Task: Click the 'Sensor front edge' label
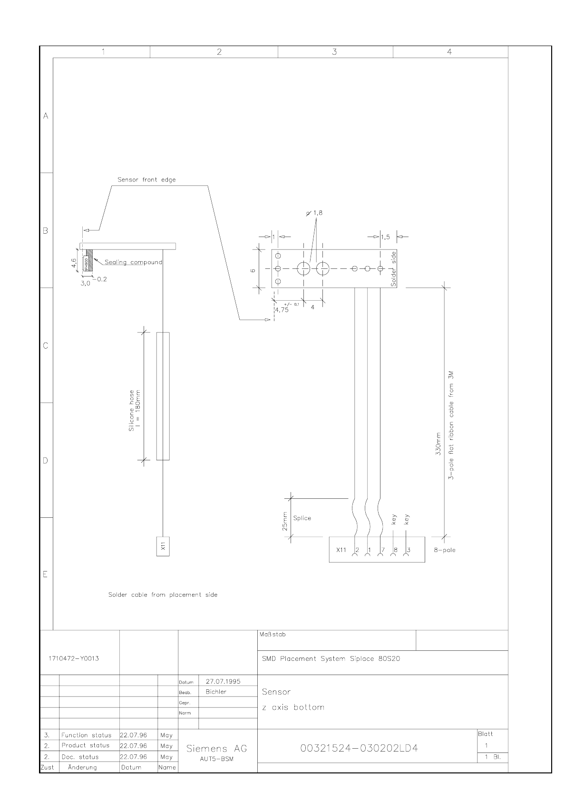(146, 180)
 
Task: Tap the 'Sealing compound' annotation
(133, 262)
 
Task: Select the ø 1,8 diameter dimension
(315, 213)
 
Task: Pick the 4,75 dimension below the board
(282, 310)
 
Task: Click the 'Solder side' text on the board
(393, 269)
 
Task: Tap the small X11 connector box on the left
(163, 546)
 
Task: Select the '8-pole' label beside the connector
(444, 550)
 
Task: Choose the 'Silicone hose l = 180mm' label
(135, 411)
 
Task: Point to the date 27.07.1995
(223, 681)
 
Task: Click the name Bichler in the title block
(216, 692)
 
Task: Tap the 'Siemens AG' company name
(216, 749)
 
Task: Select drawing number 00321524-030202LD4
(359, 749)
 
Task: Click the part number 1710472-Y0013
(74, 658)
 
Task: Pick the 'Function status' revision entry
(86, 735)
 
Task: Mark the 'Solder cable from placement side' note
(163, 595)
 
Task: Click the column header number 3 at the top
(334, 52)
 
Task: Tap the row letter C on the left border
(46, 346)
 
